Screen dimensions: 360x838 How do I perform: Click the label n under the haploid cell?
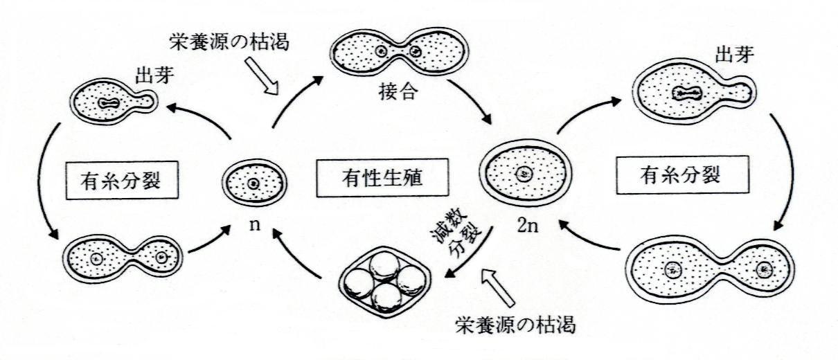[x=254, y=224]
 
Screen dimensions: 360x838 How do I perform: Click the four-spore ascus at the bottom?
[x=384, y=280]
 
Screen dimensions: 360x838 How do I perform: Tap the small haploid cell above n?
[x=253, y=183]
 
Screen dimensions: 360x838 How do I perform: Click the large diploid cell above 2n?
[x=524, y=173]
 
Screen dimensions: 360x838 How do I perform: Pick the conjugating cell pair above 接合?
[x=398, y=51]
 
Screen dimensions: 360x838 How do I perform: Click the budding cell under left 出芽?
[x=112, y=102]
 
